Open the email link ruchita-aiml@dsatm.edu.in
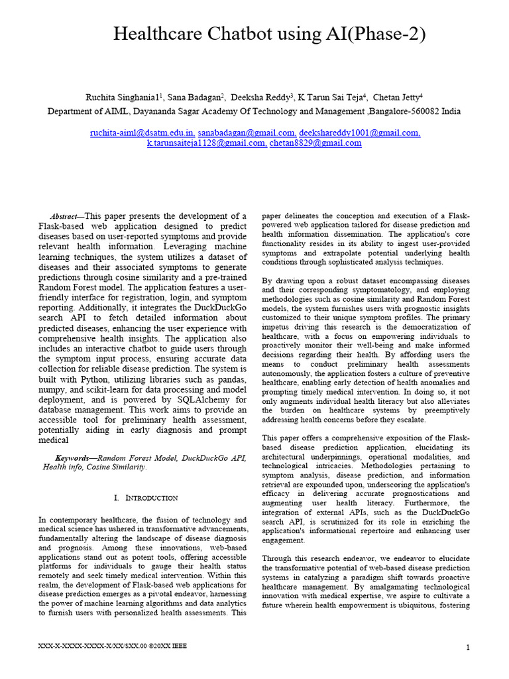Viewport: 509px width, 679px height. [x=142, y=133]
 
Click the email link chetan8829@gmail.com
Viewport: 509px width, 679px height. [x=315, y=143]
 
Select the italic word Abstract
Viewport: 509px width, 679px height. [x=66, y=217]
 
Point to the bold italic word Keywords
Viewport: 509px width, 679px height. [x=73, y=458]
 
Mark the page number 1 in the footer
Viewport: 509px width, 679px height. [x=467, y=647]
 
